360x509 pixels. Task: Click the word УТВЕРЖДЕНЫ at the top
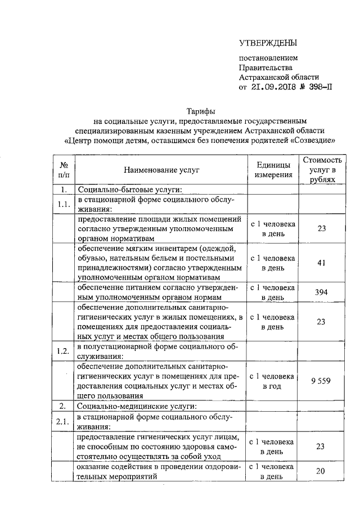tap(268, 43)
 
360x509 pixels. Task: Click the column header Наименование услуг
tap(161, 169)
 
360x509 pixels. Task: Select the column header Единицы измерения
tap(273, 169)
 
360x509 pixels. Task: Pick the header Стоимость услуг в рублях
tap(322, 169)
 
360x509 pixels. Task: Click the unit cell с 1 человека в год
tap(273, 381)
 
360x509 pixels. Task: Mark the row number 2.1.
tap(64, 421)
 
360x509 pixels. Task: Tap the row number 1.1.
tap(64, 203)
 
